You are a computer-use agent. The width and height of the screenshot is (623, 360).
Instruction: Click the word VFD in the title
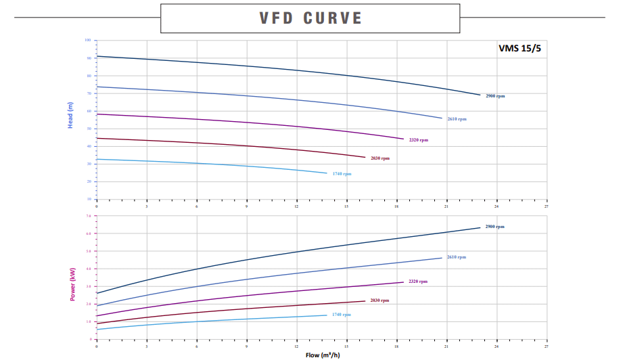(278, 18)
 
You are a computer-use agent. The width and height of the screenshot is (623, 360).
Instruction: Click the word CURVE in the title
(333, 18)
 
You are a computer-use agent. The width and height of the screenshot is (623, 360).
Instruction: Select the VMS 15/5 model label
(519, 48)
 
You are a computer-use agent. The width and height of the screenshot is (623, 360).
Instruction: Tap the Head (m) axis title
(70, 116)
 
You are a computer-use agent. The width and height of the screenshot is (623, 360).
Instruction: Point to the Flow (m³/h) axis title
(322, 355)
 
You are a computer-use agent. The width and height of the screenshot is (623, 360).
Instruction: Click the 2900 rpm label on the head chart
(495, 96)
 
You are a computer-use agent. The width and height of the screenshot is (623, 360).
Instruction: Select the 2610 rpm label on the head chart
(457, 119)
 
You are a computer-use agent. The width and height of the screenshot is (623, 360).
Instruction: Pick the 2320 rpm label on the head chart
(419, 140)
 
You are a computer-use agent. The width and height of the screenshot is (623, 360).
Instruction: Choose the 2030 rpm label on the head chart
(380, 158)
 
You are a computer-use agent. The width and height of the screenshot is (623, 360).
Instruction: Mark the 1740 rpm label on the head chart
(342, 174)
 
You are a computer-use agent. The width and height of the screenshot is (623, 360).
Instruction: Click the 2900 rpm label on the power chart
(495, 227)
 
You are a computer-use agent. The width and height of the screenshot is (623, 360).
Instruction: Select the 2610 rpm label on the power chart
(457, 257)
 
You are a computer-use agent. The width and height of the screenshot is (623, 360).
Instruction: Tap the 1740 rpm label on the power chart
(342, 315)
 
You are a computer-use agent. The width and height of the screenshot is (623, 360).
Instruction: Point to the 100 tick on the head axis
(88, 40)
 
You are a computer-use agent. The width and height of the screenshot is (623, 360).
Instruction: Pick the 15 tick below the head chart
(347, 206)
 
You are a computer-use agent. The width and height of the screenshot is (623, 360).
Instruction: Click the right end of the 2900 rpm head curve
(480, 95)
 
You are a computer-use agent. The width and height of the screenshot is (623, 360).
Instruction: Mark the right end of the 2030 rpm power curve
(365, 301)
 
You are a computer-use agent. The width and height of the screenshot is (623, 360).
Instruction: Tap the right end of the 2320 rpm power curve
(403, 282)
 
